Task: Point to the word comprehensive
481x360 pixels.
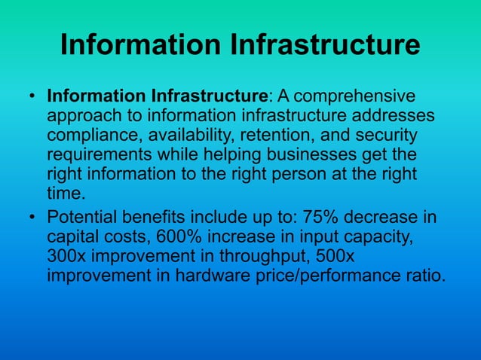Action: tap(351, 98)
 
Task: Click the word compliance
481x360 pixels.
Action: tap(91, 136)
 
